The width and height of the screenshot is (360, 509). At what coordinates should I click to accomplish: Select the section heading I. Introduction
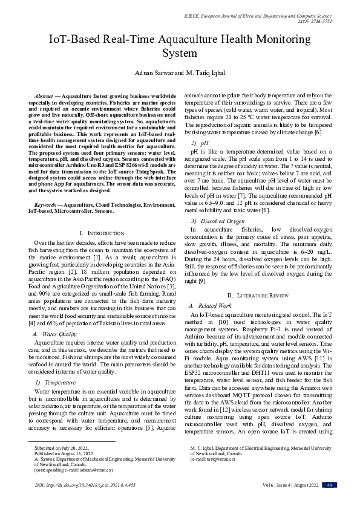[102, 233]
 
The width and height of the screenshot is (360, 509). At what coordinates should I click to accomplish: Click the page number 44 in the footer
[329, 485]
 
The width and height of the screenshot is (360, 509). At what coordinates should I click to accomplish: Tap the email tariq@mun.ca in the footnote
[222, 459]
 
